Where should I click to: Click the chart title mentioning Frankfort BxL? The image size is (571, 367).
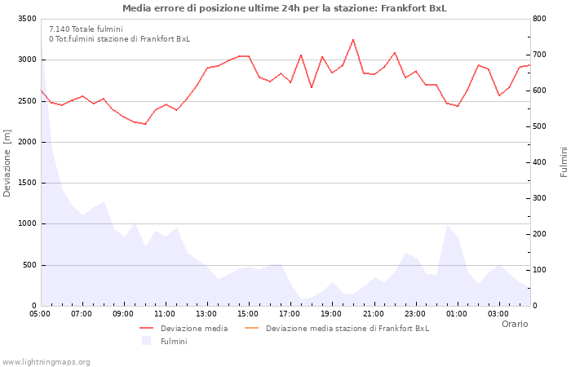pos(285,8)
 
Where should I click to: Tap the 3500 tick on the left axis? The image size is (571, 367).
pos(26,19)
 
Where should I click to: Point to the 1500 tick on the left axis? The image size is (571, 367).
pos(26,183)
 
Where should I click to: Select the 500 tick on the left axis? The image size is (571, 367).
pos(29,265)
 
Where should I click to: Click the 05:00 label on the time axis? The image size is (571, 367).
pos(40,313)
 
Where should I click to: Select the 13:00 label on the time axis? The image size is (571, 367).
pos(206,313)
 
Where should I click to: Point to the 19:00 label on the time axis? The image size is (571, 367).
pos(331,313)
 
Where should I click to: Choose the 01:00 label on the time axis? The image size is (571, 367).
pos(456,313)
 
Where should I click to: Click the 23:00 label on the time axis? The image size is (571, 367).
pos(414,313)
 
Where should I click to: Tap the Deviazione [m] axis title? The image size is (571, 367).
pos(8,162)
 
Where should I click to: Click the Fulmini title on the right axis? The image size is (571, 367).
pos(564,162)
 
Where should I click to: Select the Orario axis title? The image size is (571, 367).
pos(515,324)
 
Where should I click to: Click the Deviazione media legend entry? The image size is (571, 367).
pos(193,329)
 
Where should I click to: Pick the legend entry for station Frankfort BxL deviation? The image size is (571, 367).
pos(347,329)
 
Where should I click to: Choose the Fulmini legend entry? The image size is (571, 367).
pos(173,341)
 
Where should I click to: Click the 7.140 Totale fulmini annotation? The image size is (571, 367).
pos(86,29)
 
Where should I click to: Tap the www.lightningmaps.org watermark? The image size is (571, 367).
pos(46,361)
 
